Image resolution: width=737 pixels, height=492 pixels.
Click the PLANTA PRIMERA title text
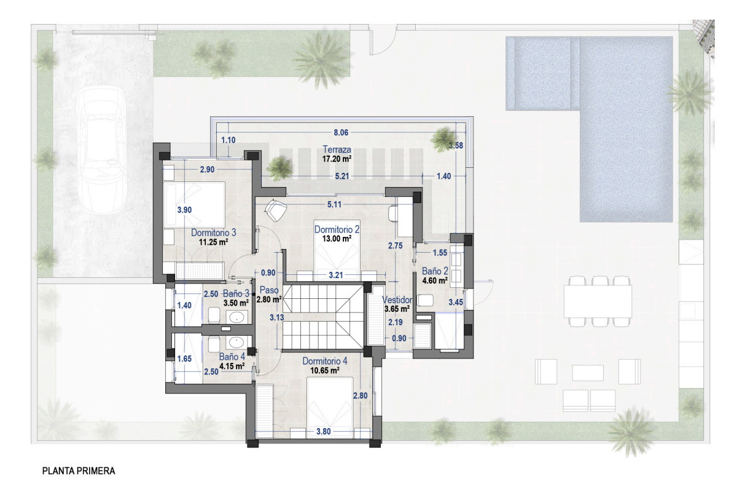tap(79, 471)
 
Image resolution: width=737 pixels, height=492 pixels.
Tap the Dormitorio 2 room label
tap(337, 229)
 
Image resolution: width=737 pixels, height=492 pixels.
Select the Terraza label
tap(337, 149)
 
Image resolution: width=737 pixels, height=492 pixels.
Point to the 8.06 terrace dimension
tap(341, 132)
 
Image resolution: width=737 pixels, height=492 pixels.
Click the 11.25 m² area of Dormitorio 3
tap(214, 242)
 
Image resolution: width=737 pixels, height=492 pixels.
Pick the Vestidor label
tap(397, 300)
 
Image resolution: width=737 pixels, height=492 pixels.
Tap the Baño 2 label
tap(435, 271)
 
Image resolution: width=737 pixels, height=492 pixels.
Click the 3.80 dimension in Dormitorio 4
tap(324, 431)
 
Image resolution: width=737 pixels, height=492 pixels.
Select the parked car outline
tap(101, 150)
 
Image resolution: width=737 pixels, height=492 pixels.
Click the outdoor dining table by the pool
tap(598, 301)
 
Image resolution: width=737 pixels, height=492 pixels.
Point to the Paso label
tap(269, 290)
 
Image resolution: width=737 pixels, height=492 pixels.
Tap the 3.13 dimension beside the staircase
tap(277, 317)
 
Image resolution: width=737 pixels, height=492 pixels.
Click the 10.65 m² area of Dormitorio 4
tap(325, 370)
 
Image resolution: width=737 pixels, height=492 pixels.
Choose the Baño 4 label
tap(232, 357)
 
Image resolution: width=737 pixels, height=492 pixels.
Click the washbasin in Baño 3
tap(236, 317)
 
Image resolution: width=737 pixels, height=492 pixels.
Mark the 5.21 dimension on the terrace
tap(342, 176)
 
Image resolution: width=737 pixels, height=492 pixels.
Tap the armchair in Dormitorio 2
tap(276, 210)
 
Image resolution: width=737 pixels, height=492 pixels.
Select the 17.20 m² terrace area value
tap(337, 159)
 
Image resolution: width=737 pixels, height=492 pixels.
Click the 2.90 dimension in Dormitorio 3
tap(208, 169)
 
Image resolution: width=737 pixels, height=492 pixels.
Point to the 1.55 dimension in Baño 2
tap(440, 253)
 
